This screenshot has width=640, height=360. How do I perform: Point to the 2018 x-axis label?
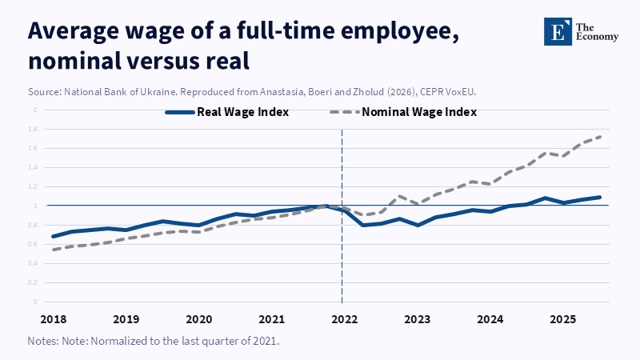53,319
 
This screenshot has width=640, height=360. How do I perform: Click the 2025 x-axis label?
563,319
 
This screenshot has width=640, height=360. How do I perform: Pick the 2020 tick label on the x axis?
198,319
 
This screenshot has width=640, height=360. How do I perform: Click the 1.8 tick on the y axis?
35,129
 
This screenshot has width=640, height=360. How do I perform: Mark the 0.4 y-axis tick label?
35,263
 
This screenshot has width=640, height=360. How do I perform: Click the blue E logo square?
554,30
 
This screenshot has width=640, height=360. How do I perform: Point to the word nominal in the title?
71,61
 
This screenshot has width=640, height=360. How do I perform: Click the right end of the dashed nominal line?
600,136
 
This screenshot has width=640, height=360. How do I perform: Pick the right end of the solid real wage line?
600,197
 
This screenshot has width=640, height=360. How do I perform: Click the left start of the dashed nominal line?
53,250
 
